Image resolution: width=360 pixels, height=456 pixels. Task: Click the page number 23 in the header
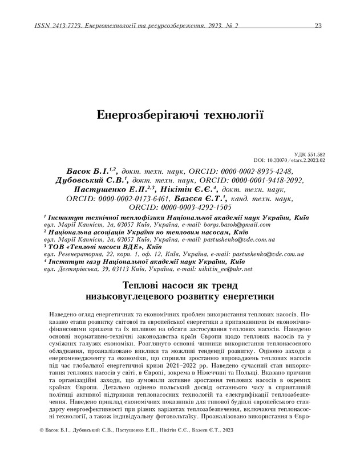point(319,26)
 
